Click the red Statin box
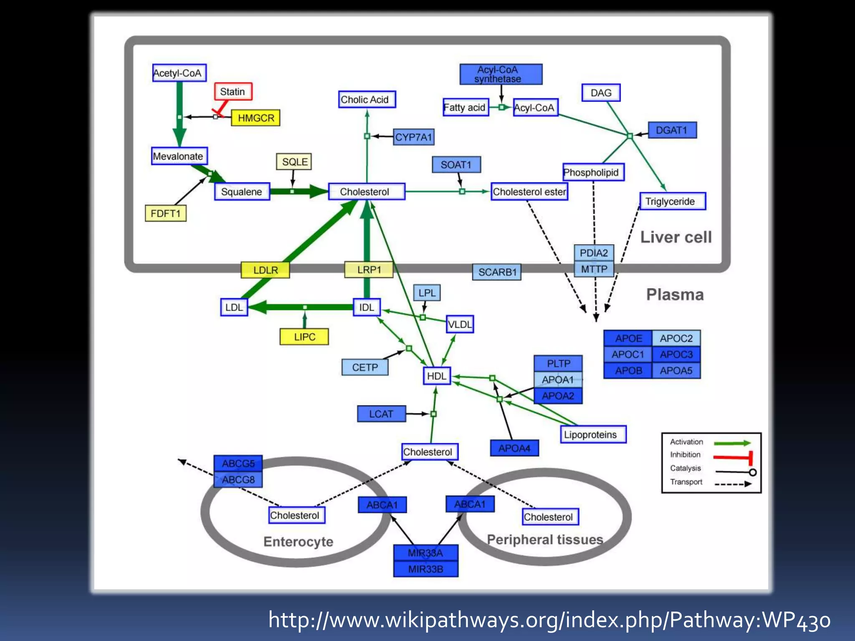pyautogui.click(x=233, y=91)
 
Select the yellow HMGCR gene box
pyautogui.click(x=255, y=118)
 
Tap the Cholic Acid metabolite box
pyautogui.click(x=367, y=100)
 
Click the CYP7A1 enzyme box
pyautogui.click(x=413, y=137)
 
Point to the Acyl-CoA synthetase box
pyautogui.click(x=501, y=74)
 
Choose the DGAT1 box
pyautogui.click(x=672, y=130)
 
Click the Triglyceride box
pyautogui.click(x=672, y=202)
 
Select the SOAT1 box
pyautogui.click(x=456, y=165)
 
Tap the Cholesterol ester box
pyautogui.click(x=529, y=192)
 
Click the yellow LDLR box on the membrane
pyautogui.click(x=266, y=270)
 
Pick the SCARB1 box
pyautogui.click(x=497, y=272)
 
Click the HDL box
pyautogui.click(x=436, y=376)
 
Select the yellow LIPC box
pyautogui.click(x=304, y=337)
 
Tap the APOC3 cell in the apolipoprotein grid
pyautogui.click(x=676, y=354)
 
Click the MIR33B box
pyautogui.click(x=425, y=569)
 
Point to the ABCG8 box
pyautogui.click(x=238, y=479)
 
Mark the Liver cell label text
pyautogui.click(x=675, y=237)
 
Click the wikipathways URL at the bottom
pyautogui.click(x=549, y=620)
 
